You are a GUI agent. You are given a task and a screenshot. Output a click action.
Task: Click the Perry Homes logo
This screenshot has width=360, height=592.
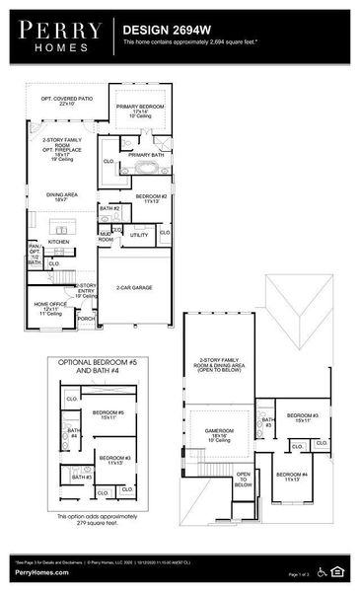tap(56, 37)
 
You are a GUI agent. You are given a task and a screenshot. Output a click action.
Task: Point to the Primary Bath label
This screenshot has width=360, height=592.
tap(145, 155)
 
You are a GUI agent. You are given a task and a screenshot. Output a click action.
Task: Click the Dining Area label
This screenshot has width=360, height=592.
tap(62, 196)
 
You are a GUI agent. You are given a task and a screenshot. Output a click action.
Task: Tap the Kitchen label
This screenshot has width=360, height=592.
tap(59, 242)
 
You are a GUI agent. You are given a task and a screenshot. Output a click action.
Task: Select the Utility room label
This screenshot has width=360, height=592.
tap(139, 235)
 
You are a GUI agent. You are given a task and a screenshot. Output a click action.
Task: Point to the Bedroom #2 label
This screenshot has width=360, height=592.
tap(151, 198)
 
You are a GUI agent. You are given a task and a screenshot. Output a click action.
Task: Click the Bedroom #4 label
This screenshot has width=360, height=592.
tap(292, 477)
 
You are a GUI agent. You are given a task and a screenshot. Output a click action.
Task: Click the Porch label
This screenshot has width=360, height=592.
tap(87, 319)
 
